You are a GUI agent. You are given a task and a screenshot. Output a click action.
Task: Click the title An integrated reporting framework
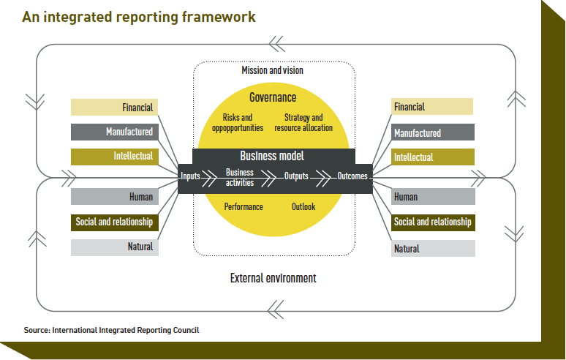click(x=139, y=17)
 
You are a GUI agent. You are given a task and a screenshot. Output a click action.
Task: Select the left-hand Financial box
click(x=114, y=108)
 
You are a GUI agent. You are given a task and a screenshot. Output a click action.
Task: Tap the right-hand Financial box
click(x=431, y=107)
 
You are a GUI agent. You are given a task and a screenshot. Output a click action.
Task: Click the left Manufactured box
click(x=114, y=132)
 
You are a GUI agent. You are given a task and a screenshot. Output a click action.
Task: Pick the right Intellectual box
click(x=432, y=157)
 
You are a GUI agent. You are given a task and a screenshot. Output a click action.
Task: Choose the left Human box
click(x=114, y=197)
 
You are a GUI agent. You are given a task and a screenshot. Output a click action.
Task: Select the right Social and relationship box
click(x=432, y=222)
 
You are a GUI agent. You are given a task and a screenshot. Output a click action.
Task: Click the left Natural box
click(x=114, y=247)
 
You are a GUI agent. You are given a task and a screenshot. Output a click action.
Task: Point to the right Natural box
click(x=432, y=249)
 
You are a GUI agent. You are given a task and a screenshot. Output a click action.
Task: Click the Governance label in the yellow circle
click(x=273, y=97)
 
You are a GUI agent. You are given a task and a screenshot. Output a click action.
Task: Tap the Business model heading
click(x=273, y=156)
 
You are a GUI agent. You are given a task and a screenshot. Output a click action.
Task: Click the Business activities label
click(x=240, y=177)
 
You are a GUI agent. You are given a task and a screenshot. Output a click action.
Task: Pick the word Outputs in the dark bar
click(x=297, y=176)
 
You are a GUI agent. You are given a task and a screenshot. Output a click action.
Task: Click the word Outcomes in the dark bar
click(x=352, y=176)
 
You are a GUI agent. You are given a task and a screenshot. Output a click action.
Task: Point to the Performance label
click(x=244, y=207)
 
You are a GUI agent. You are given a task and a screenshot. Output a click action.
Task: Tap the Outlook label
click(x=303, y=207)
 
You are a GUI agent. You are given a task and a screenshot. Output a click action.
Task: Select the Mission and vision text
click(x=272, y=70)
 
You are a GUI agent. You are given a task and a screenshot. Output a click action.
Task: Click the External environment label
click(x=273, y=278)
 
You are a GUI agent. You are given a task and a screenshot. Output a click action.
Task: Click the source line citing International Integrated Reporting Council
click(x=111, y=330)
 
